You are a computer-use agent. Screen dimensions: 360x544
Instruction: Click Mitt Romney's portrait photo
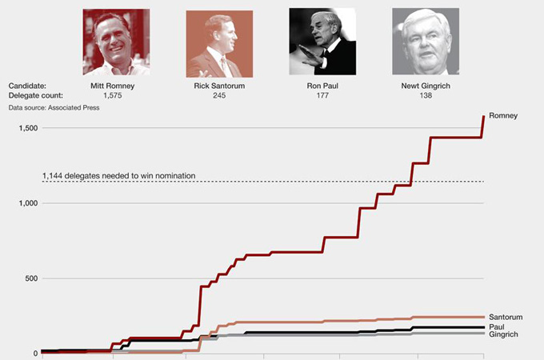[x=116, y=42]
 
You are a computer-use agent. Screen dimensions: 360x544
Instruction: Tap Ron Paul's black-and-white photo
[x=322, y=42]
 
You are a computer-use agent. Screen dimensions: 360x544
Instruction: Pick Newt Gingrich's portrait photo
[x=426, y=42]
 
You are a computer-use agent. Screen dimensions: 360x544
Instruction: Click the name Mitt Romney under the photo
[x=116, y=85]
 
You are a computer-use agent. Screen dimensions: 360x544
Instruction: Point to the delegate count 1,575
[x=116, y=95]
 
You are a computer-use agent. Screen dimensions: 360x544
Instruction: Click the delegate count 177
[x=322, y=95]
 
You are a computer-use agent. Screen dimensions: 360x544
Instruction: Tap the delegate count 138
[x=426, y=95]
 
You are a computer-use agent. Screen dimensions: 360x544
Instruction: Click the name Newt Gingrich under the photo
[x=426, y=85]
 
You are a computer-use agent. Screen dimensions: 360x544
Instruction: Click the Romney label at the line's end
[x=503, y=116]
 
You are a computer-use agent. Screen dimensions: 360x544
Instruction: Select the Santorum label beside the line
[x=506, y=318]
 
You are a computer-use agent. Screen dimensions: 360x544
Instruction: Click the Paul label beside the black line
[x=496, y=326]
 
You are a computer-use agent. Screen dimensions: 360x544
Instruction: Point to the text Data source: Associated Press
[x=54, y=106]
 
